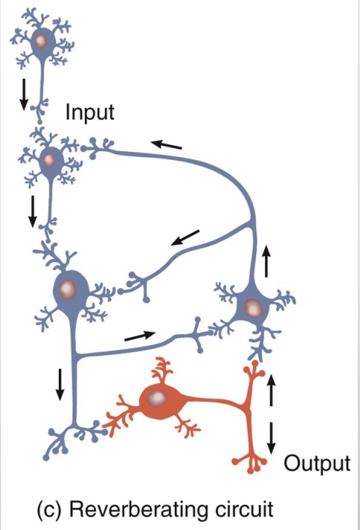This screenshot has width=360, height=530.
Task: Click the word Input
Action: [90, 113]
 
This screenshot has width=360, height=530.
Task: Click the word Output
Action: [317, 463]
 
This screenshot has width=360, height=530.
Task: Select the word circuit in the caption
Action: [242, 510]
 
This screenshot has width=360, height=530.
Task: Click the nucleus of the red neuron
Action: [156, 400]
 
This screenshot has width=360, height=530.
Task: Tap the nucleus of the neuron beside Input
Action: [50, 159]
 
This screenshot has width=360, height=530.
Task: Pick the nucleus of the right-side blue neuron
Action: [254, 306]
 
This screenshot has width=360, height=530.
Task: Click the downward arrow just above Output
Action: [271, 436]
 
